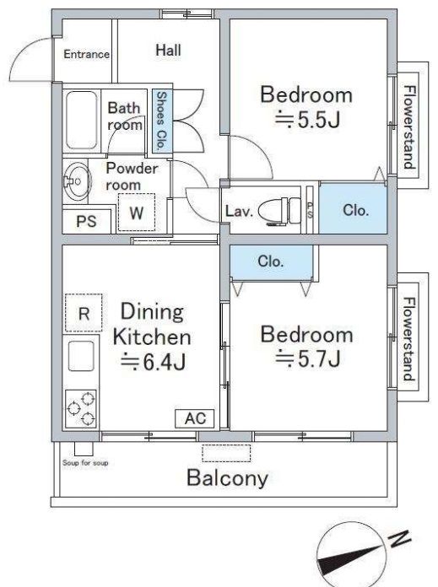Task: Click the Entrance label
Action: click(x=87, y=54)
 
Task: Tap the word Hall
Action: click(x=168, y=50)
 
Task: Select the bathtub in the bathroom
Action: click(x=81, y=121)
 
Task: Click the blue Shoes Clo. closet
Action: click(x=162, y=121)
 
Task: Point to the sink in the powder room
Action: click(x=77, y=181)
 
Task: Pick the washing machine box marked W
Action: click(x=137, y=213)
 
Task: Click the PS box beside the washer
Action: click(x=87, y=221)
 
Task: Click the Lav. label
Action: click(x=239, y=211)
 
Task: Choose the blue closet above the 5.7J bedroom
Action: click(x=272, y=261)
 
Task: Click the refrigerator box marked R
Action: click(x=84, y=313)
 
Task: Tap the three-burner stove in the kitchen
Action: click(x=81, y=408)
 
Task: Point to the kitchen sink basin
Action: click(x=81, y=356)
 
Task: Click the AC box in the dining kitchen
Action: click(x=195, y=418)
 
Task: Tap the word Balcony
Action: click(x=227, y=478)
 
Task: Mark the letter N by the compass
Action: click(x=399, y=539)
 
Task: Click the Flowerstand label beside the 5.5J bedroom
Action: click(x=410, y=127)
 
